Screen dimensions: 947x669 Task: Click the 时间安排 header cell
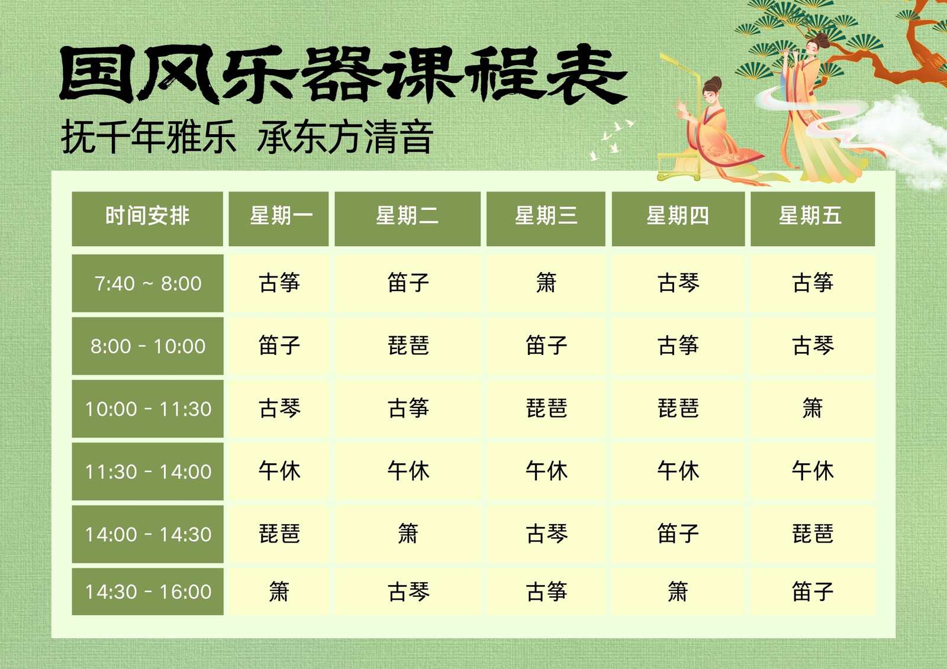click(x=147, y=218)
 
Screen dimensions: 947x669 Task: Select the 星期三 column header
click(x=546, y=218)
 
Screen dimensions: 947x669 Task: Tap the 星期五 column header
click(x=813, y=218)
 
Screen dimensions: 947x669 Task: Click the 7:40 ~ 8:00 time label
click(x=147, y=283)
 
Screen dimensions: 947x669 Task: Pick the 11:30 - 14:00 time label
click(x=147, y=471)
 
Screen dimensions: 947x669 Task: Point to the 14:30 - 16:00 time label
click(x=147, y=592)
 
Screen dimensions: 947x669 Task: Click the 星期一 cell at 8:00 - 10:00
click(x=279, y=345)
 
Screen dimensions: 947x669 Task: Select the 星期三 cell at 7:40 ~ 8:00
click(x=546, y=283)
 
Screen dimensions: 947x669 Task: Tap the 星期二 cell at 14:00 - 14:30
click(x=408, y=534)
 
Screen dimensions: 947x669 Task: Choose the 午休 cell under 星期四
click(x=678, y=471)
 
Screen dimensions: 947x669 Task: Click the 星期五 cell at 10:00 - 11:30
click(x=813, y=409)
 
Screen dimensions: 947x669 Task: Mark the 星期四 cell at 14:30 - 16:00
click(x=678, y=592)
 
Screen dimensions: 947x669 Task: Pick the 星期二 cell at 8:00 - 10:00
click(x=408, y=345)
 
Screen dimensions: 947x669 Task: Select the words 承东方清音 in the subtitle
click(x=345, y=137)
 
